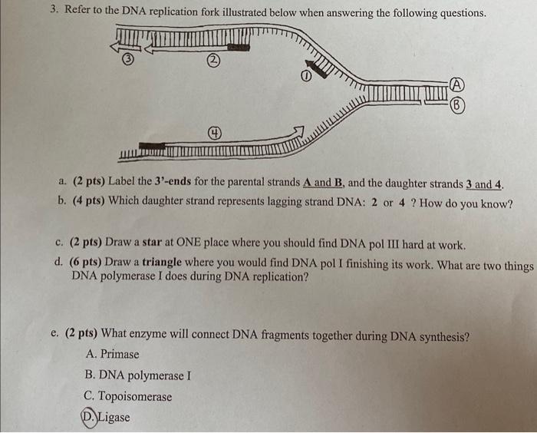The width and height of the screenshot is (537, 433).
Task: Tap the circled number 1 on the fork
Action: tap(305, 76)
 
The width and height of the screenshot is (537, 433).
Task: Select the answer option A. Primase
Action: tap(113, 354)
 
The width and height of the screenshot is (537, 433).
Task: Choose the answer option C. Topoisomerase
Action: tap(129, 397)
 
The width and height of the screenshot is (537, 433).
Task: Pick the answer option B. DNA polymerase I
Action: tap(139, 375)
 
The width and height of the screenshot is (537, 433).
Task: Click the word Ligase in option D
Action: tap(114, 418)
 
